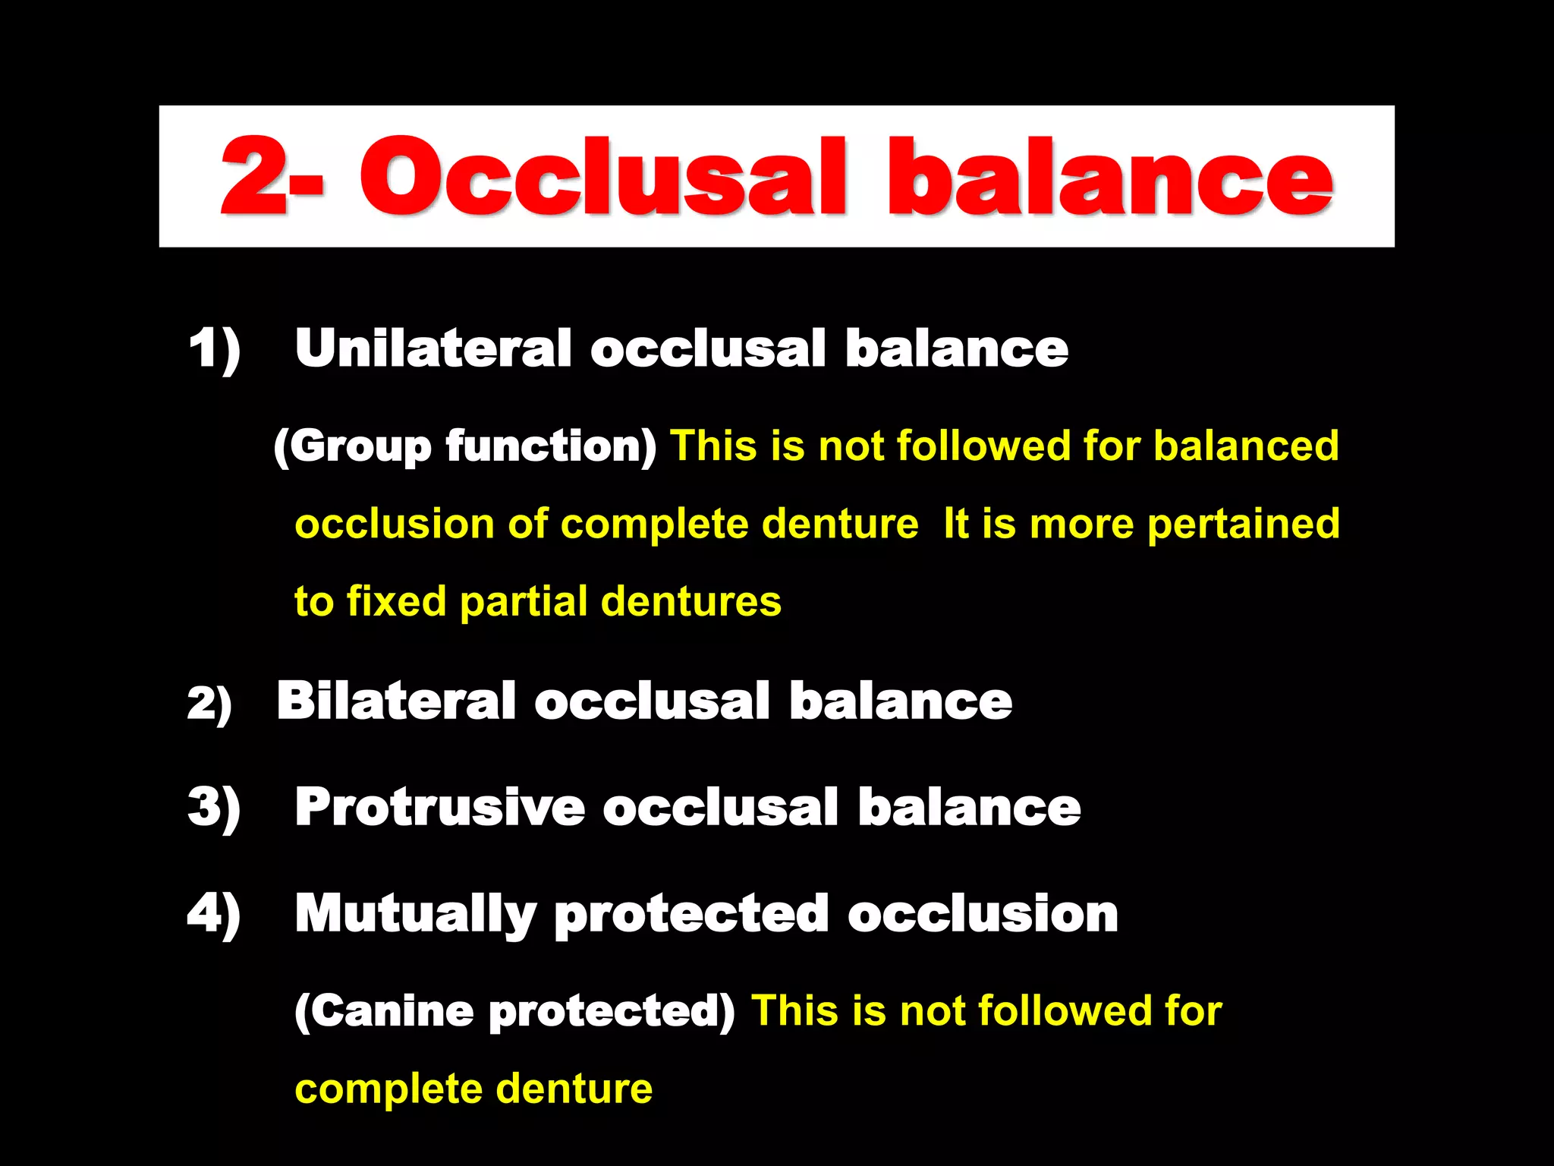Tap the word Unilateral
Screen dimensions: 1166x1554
click(x=433, y=349)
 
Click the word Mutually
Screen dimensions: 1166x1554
click(x=416, y=914)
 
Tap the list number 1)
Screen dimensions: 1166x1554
click(x=214, y=349)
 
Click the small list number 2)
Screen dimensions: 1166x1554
click(x=209, y=703)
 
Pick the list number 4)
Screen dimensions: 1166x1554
click(x=214, y=914)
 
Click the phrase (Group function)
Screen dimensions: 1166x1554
click(x=464, y=446)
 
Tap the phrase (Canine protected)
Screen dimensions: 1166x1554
click(x=514, y=1011)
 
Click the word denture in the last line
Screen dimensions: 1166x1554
click(x=574, y=1089)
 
